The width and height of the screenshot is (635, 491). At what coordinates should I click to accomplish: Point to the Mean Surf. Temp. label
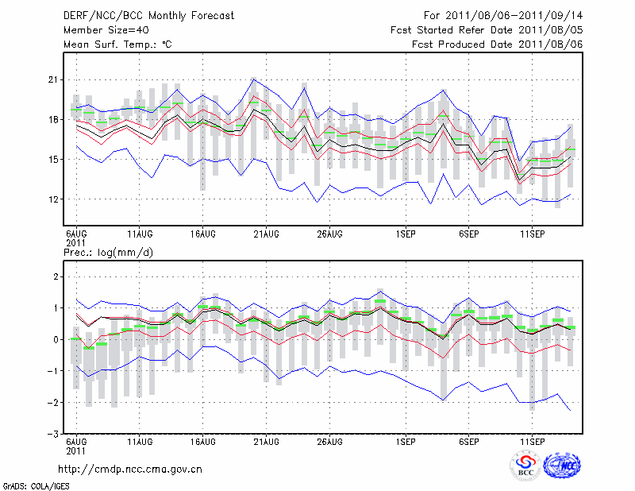pyautogui.click(x=117, y=44)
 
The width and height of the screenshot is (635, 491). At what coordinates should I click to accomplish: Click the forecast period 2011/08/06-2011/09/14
pyautogui.click(x=503, y=15)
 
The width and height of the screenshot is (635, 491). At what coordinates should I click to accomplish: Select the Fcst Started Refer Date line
pyautogui.click(x=487, y=29)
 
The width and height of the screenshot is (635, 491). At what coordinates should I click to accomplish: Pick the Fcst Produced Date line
pyautogui.click(x=497, y=44)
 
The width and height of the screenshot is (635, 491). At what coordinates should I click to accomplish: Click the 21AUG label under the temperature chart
pyautogui.click(x=267, y=234)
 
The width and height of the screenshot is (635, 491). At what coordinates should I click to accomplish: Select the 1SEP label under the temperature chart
pyautogui.click(x=406, y=234)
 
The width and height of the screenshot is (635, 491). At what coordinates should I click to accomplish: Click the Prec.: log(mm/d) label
pyautogui.click(x=109, y=252)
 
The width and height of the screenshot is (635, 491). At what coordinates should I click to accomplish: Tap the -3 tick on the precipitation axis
pyautogui.click(x=52, y=435)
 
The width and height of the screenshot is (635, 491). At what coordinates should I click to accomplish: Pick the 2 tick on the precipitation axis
pyautogui.click(x=56, y=276)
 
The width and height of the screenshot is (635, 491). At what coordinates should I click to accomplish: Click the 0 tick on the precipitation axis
pyautogui.click(x=56, y=340)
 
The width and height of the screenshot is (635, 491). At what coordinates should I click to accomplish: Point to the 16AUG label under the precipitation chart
pyautogui.click(x=203, y=440)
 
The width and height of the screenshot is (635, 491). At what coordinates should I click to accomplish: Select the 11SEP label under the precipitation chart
pyautogui.click(x=532, y=440)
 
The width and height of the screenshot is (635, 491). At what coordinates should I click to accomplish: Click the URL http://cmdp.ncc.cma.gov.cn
pyautogui.click(x=131, y=470)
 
